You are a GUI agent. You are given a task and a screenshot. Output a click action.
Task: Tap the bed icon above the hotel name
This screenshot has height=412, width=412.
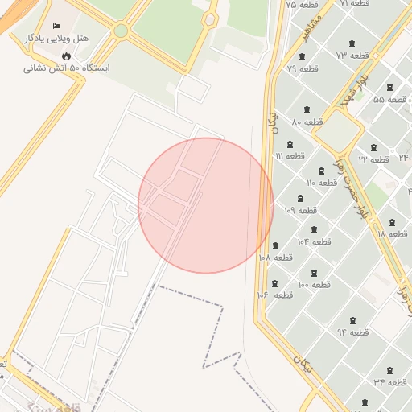(x=56, y=27)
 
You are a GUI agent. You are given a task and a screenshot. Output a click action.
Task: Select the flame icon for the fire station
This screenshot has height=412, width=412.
(x=66, y=56)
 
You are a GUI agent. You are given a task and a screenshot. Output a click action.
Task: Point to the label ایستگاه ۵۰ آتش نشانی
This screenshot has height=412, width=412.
(x=66, y=68)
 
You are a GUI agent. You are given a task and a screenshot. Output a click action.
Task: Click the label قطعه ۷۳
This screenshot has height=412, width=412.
(x=352, y=56)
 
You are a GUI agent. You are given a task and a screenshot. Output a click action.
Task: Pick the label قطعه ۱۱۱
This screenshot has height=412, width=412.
(x=290, y=155)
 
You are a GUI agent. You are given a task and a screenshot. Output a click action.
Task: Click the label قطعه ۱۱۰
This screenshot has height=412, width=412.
(x=322, y=183)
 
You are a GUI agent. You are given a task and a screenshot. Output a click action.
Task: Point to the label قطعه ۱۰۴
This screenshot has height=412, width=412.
(x=315, y=241)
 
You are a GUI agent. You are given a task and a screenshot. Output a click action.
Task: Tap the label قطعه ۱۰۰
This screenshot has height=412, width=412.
(x=315, y=285)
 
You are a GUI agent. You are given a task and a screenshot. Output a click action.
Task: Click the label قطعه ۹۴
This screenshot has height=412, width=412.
(x=352, y=332)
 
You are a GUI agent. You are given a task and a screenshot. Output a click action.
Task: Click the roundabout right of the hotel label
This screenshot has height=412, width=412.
(x=121, y=31)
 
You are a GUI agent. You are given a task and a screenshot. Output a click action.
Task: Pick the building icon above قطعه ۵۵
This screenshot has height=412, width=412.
(x=390, y=87)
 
